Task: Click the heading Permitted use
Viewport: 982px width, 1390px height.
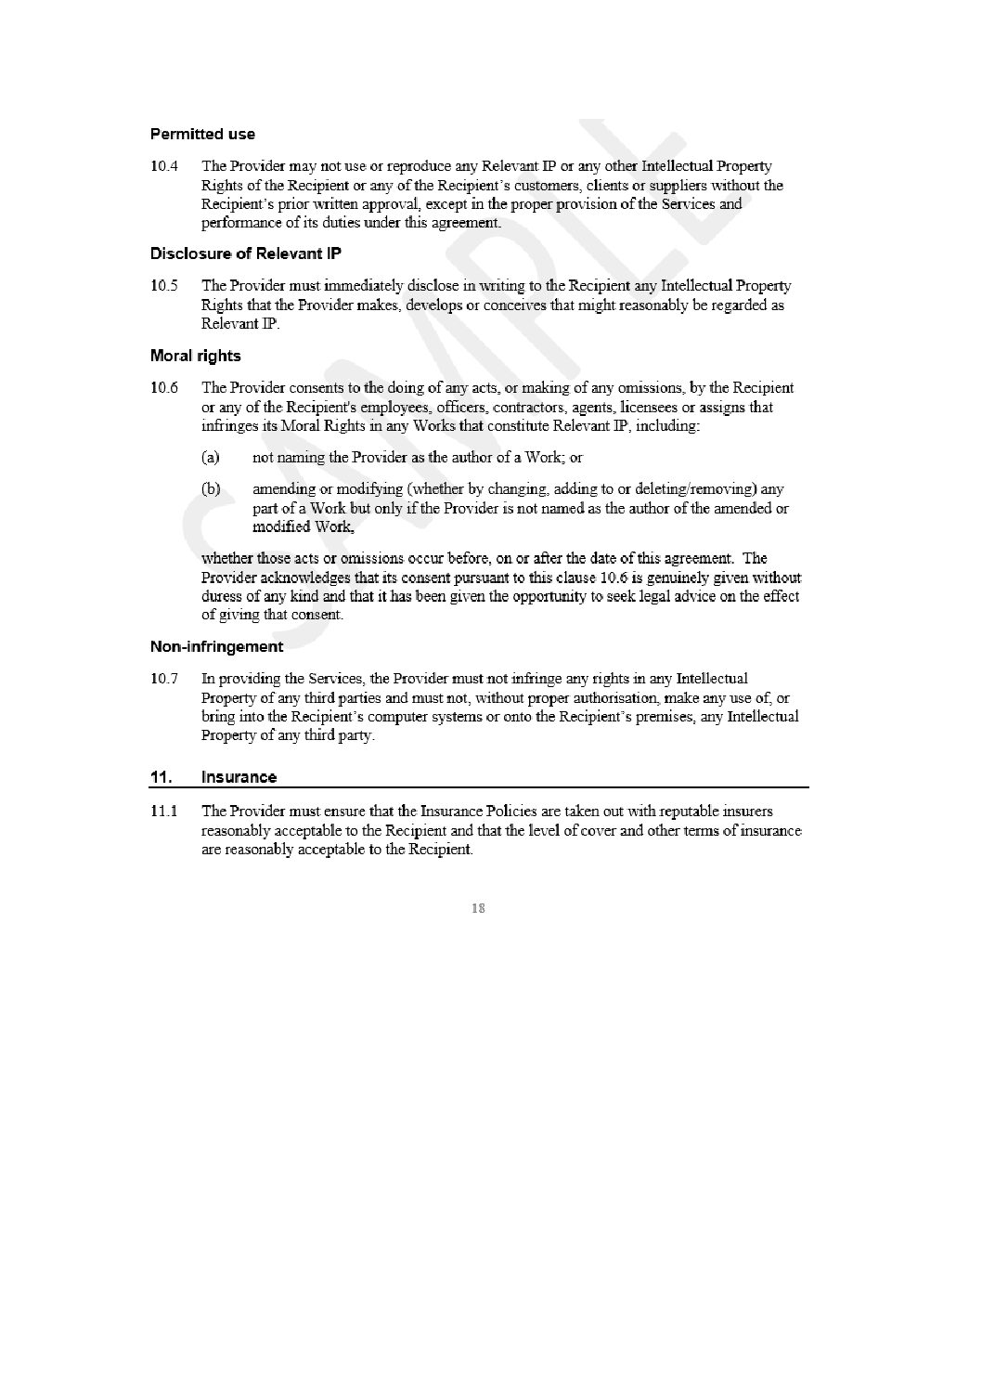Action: point(202,134)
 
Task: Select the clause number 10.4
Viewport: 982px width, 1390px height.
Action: point(162,166)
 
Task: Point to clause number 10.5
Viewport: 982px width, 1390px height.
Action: point(162,286)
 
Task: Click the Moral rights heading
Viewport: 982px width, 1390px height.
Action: point(195,356)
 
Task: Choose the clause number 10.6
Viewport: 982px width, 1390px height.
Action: point(163,388)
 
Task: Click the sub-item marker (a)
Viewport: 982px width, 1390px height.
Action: point(211,458)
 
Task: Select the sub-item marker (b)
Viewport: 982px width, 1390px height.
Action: point(211,489)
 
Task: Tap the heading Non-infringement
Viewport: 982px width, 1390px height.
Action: point(216,646)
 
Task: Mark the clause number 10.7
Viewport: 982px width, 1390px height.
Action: point(162,679)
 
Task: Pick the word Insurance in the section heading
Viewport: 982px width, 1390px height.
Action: point(239,777)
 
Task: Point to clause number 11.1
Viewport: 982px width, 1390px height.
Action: point(162,811)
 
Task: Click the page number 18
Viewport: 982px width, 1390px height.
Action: point(478,908)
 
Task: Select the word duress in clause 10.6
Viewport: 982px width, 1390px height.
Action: point(220,596)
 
